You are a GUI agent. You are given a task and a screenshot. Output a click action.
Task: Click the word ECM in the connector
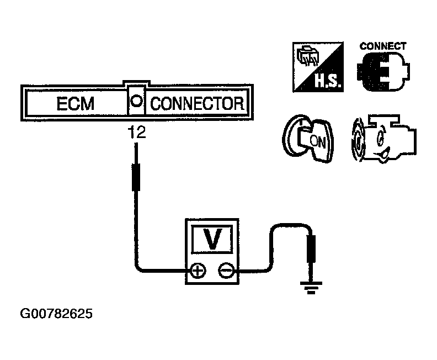(76, 104)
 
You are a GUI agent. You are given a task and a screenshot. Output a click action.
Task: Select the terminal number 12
(136, 133)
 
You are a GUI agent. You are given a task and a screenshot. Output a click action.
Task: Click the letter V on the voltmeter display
(212, 239)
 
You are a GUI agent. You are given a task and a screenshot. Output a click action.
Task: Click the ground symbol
(311, 287)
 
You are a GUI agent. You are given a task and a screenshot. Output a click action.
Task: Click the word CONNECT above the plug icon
(383, 46)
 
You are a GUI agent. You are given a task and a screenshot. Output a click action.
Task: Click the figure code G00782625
(57, 314)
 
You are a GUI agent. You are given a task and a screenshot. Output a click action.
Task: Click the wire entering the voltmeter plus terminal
(166, 271)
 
